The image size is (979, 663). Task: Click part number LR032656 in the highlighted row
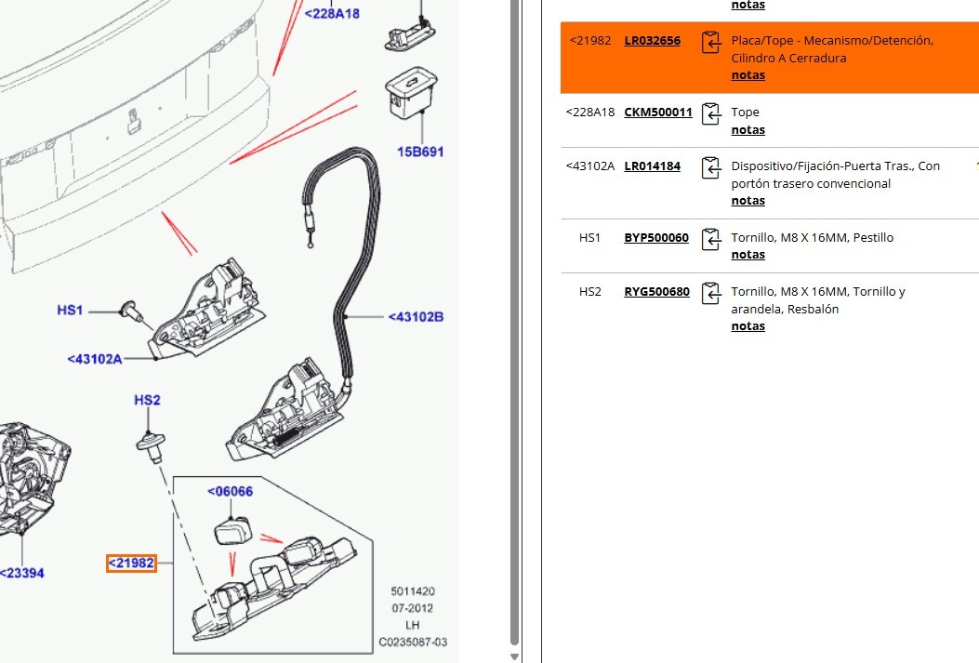click(x=652, y=41)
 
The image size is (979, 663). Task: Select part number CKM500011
click(x=657, y=113)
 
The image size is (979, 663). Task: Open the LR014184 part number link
click(x=652, y=166)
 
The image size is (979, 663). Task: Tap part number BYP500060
click(x=655, y=238)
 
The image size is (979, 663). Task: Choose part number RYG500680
click(x=656, y=292)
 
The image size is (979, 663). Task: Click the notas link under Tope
click(x=747, y=130)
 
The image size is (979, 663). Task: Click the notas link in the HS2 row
click(x=747, y=326)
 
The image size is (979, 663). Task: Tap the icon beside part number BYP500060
click(x=711, y=239)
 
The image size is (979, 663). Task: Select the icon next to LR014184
click(x=711, y=168)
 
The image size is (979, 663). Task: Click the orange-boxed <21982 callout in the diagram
click(x=131, y=563)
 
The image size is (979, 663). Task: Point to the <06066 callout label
click(x=230, y=492)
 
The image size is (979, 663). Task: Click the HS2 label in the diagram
click(x=147, y=401)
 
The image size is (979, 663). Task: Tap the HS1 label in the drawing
click(x=71, y=310)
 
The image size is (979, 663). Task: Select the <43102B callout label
click(x=416, y=317)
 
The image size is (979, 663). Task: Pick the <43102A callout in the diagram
click(x=95, y=358)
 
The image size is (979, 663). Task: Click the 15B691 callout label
click(x=421, y=151)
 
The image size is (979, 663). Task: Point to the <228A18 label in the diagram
click(x=332, y=14)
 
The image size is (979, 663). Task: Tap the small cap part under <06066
click(x=232, y=530)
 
